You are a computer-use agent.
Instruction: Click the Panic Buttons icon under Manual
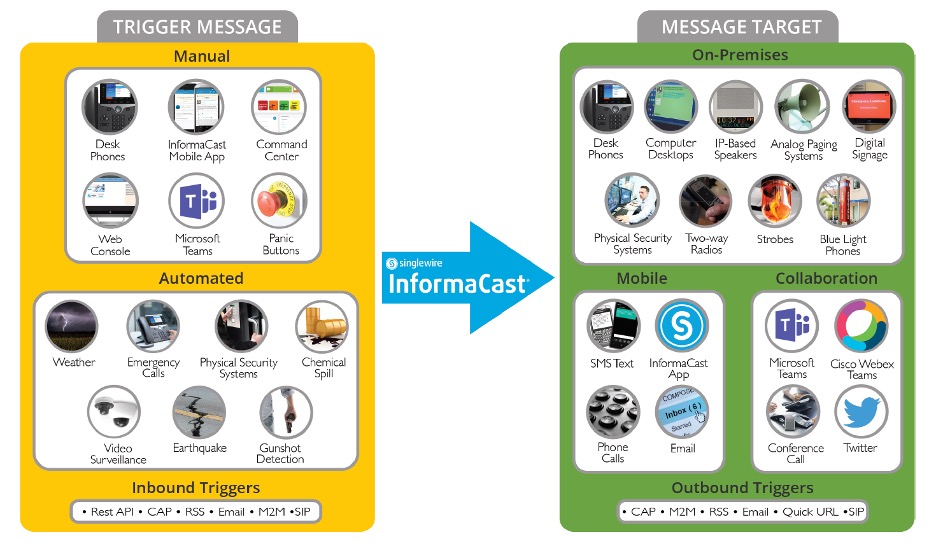[x=280, y=202]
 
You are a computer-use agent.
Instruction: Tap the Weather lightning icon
[x=72, y=327]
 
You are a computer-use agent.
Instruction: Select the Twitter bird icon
[x=861, y=412]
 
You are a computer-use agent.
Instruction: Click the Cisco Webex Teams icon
[x=861, y=327]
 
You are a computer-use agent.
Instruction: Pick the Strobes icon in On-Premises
[x=775, y=202]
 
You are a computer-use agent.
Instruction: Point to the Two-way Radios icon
[x=706, y=202]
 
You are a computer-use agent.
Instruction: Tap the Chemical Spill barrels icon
[x=323, y=327]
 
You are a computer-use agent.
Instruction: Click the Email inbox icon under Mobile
[x=683, y=412]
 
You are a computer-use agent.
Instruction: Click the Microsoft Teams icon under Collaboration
[x=793, y=327]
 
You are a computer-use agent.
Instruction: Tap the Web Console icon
[x=110, y=202]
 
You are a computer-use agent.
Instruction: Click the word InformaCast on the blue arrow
[x=457, y=283]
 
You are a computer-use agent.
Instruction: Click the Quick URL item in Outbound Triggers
[x=809, y=512]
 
